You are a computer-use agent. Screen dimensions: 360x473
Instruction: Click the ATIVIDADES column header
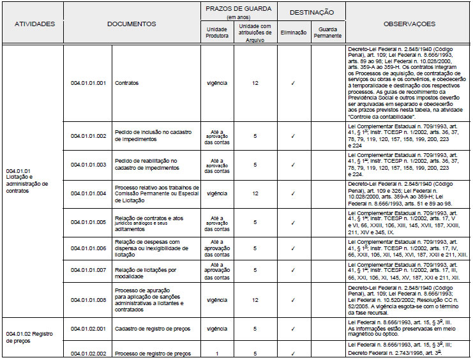point(34,24)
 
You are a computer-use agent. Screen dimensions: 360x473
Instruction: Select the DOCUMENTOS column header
point(131,24)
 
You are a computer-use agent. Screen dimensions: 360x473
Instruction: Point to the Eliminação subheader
point(293,31)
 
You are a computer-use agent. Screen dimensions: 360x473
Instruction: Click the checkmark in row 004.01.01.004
point(293,193)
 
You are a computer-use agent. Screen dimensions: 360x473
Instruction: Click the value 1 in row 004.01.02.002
point(218,353)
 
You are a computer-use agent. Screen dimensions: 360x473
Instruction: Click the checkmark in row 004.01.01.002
point(293,136)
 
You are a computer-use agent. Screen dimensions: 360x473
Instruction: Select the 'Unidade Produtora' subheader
point(218,33)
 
